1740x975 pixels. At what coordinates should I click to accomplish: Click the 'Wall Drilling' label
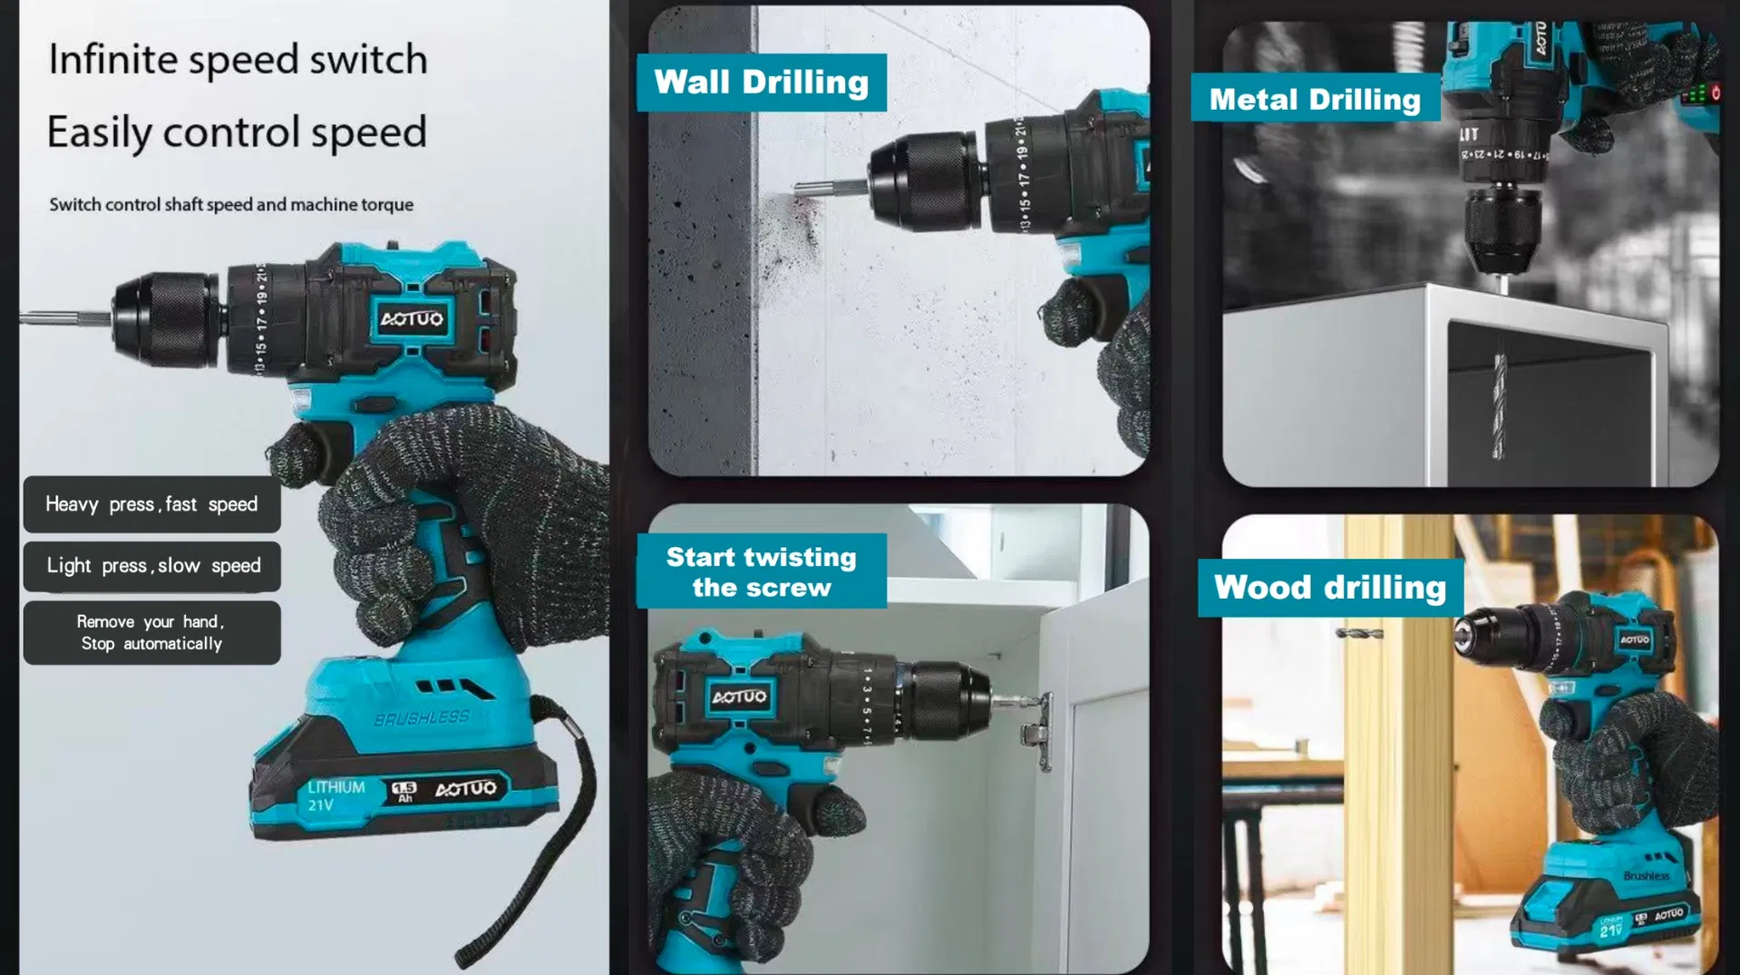pos(761,83)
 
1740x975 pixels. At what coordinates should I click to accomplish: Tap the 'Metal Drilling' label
pos(1315,99)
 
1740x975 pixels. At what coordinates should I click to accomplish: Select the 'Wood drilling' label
pos(1329,588)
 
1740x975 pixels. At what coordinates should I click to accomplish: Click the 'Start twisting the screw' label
pos(761,571)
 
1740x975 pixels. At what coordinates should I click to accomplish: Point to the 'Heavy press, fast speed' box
pos(151,504)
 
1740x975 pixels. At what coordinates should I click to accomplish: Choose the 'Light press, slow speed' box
pos(152,566)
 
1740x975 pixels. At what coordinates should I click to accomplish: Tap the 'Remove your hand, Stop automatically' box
pos(151,633)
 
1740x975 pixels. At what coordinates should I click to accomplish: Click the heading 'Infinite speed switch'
pos(238,60)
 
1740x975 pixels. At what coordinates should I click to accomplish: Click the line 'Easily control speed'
pos(237,132)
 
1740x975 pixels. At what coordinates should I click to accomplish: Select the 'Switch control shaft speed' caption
pos(231,205)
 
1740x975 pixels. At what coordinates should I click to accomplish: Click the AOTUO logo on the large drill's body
pos(412,318)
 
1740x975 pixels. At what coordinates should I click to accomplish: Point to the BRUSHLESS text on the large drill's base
pos(422,717)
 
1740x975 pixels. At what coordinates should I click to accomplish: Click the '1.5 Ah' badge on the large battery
pos(404,792)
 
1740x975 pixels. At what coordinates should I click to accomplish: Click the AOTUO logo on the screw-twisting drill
pos(739,697)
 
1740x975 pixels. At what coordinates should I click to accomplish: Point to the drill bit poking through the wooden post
pos(1359,632)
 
